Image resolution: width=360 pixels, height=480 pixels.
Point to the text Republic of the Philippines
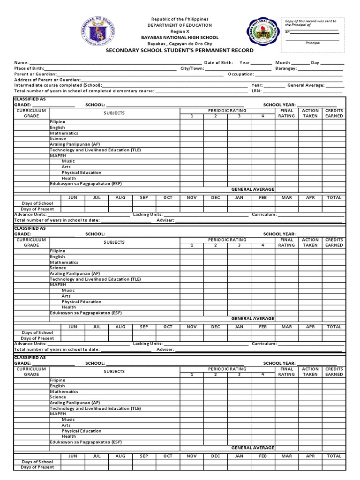pos(180,19)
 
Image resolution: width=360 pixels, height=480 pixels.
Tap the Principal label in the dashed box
pos(313,43)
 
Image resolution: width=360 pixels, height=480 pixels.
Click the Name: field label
pos(22,62)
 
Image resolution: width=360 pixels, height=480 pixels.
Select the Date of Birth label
pos(218,62)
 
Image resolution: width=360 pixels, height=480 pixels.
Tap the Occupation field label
pos(241,74)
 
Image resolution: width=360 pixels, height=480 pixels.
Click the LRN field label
pos(256,91)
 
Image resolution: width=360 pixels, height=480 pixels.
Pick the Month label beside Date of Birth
pos(283,62)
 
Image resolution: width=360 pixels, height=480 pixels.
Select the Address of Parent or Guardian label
pos(47,80)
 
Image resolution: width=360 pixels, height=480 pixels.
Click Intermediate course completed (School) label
pos(58,85)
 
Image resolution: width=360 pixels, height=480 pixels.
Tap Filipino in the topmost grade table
pos(58,122)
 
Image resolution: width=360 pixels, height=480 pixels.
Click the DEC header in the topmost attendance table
pos(215,198)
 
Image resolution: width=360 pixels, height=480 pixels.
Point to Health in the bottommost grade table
pos(68,436)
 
